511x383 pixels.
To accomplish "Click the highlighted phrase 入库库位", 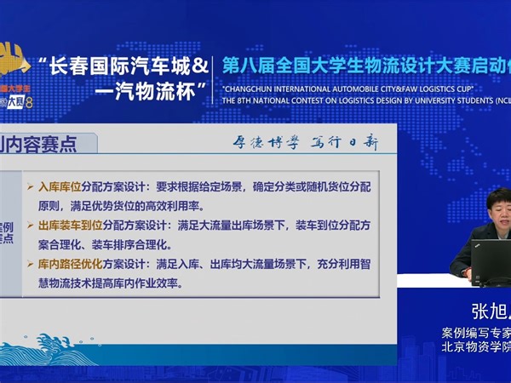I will (60, 186).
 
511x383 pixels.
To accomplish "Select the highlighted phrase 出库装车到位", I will (71, 226).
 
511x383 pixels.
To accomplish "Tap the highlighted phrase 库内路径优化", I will (71, 265).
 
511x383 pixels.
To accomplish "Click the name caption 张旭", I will (485, 312).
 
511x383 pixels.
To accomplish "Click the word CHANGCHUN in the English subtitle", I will (252, 88).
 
